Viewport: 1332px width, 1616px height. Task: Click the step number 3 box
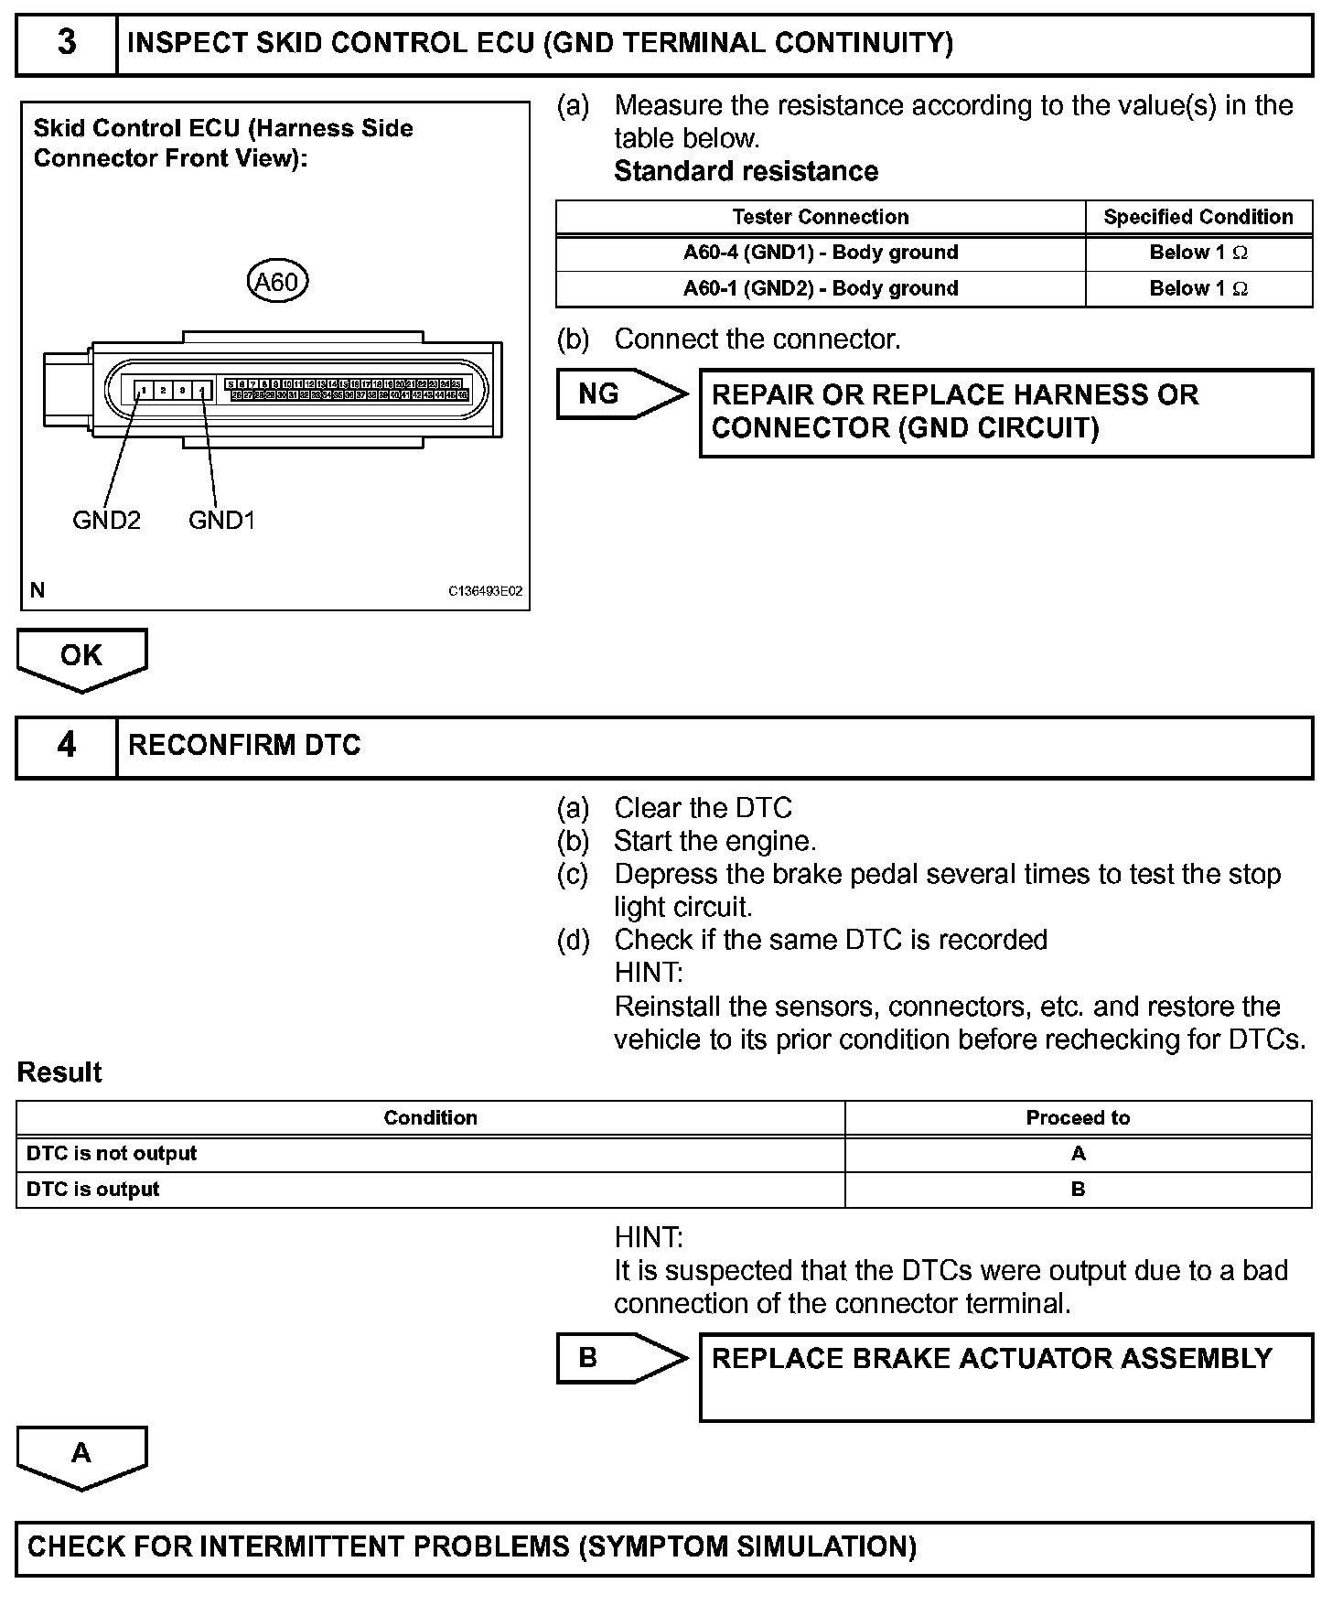[x=67, y=43]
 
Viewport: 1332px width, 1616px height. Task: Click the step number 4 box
[x=67, y=746]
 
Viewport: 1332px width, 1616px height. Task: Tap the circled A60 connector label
[x=277, y=282]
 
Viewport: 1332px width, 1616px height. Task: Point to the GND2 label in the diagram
[x=106, y=521]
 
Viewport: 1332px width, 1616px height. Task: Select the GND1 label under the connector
[x=221, y=521]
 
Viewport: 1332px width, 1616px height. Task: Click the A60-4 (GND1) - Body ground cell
[x=820, y=253]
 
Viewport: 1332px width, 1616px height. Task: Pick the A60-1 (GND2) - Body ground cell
[x=820, y=288]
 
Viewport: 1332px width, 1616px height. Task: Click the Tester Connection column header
[x=820, y=217]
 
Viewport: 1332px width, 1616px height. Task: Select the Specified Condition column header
[x=1198, y=217]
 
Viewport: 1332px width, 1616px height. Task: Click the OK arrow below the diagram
[x=81, y=657]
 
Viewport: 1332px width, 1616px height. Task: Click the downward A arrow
[x=81, y=1455]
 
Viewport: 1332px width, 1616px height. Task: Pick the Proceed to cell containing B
[x=1078, y=1190]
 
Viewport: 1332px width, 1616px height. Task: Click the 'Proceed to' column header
[x=1078, y=1118]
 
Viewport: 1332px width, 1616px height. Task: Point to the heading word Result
[x=59, y=1072]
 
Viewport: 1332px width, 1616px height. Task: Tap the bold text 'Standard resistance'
[x=746, y=171]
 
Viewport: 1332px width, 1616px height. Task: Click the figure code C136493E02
[x=485, y=592]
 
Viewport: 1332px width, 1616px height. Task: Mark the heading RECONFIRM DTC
[x=244, y=746]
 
